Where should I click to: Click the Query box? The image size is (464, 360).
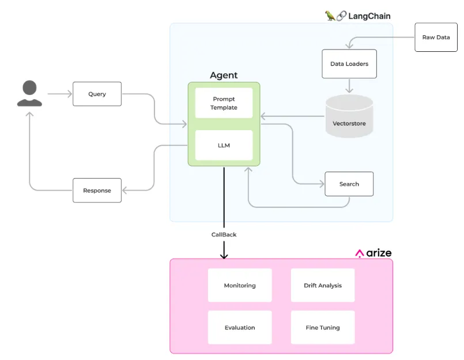97,94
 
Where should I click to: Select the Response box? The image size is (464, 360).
97,190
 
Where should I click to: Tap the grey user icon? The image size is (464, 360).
29,94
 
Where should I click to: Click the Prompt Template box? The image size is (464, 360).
224,103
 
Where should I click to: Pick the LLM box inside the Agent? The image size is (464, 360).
224,145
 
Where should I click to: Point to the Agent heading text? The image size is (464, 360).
224,75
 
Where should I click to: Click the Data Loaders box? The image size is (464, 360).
349,64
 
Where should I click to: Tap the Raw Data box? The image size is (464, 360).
436,37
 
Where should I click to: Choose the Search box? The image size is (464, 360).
349,184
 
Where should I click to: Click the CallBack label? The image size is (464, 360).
224,234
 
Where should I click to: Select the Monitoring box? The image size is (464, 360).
240,285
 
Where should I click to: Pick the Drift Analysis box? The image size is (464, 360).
323,285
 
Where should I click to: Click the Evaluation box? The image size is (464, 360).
240,327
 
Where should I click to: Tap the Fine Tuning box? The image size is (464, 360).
323,327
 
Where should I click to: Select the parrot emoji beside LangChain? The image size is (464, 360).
330,16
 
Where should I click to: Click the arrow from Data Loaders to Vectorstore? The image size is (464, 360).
349,86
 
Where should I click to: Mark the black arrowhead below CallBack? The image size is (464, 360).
224,255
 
